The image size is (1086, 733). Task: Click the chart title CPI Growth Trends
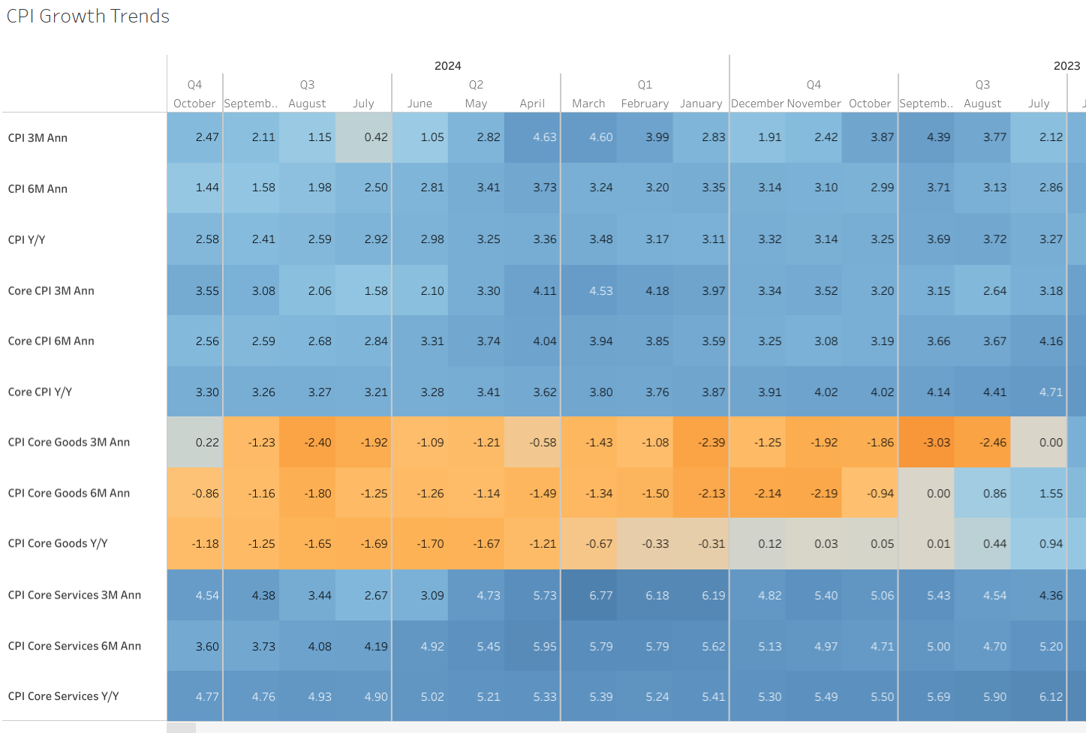click(88, 17)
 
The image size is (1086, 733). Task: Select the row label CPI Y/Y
click(27, 240)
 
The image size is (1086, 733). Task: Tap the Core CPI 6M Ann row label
click(51, 341)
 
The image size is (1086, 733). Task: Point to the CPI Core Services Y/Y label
click(63, 696)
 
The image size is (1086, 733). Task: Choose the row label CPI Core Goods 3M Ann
click(69, 443)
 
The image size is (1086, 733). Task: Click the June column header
click(420, 104)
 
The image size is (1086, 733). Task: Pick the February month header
click(645, 104)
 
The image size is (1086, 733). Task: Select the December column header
click(757, 104)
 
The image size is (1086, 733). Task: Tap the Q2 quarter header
click(476, 85)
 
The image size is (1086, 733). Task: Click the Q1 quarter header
click(645, 85)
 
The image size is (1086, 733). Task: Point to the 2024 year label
click(447, 66)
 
